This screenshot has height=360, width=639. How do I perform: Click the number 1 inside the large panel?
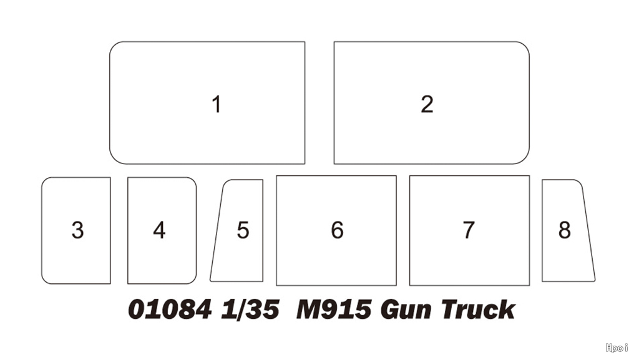[217, 104]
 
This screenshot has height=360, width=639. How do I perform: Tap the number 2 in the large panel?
[427, 104]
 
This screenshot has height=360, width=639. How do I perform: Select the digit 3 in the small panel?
[77, 230]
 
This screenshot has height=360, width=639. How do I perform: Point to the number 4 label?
[159, 230]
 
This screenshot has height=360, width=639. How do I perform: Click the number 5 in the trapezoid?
[243, 230]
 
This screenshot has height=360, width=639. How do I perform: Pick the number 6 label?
[337, 230]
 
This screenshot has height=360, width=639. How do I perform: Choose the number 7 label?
[469, 230]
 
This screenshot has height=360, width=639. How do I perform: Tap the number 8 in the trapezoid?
[564, 230]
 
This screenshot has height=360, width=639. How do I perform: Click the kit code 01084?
[170, 309]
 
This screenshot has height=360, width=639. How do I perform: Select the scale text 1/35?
[250, 309]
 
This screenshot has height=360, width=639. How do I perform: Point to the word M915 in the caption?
[334, 309]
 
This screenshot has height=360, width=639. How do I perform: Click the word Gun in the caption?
[406, 310]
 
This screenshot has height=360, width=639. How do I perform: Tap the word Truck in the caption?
[478, 309]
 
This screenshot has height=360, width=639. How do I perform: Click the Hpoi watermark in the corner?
[617, 348]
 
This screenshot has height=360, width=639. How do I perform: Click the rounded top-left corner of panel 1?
[114, 46]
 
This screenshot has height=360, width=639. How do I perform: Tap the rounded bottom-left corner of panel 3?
[44, 281]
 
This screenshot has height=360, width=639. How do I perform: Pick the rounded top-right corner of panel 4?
[193, 180]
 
